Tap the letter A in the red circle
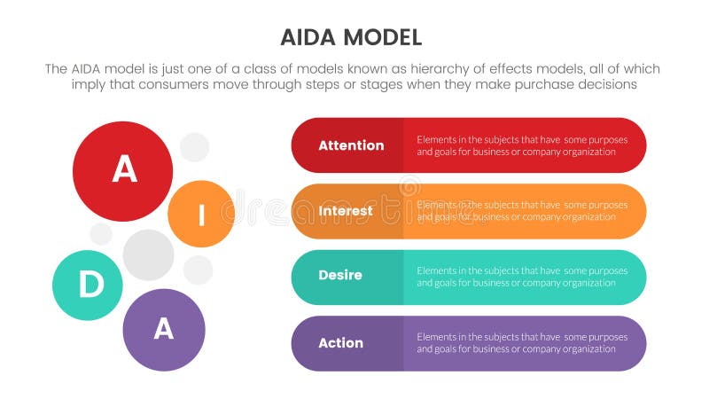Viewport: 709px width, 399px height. pyautogui.click(x=123, y=170)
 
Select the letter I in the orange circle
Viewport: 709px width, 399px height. pyautogui.click(x=201, y=214)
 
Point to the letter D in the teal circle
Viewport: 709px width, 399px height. pyautogui.click(x=90, y=285)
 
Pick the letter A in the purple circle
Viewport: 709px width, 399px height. pyautogui.click(x=164, y=329)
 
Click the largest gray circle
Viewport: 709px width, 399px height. pyautogui.click(x=148, y=254)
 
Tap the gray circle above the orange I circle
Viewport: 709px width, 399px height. pyautogui.click(x=194, y=147)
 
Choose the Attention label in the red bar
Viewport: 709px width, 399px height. pyautogui.click(x=351, y=145)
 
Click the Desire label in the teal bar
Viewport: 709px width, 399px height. pyautogui.click(x=340, y=276)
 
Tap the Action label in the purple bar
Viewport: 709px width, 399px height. pyautogui.click(x=341, y=343)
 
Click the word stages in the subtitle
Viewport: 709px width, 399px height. pyautogui.click(x=373, y=85)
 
